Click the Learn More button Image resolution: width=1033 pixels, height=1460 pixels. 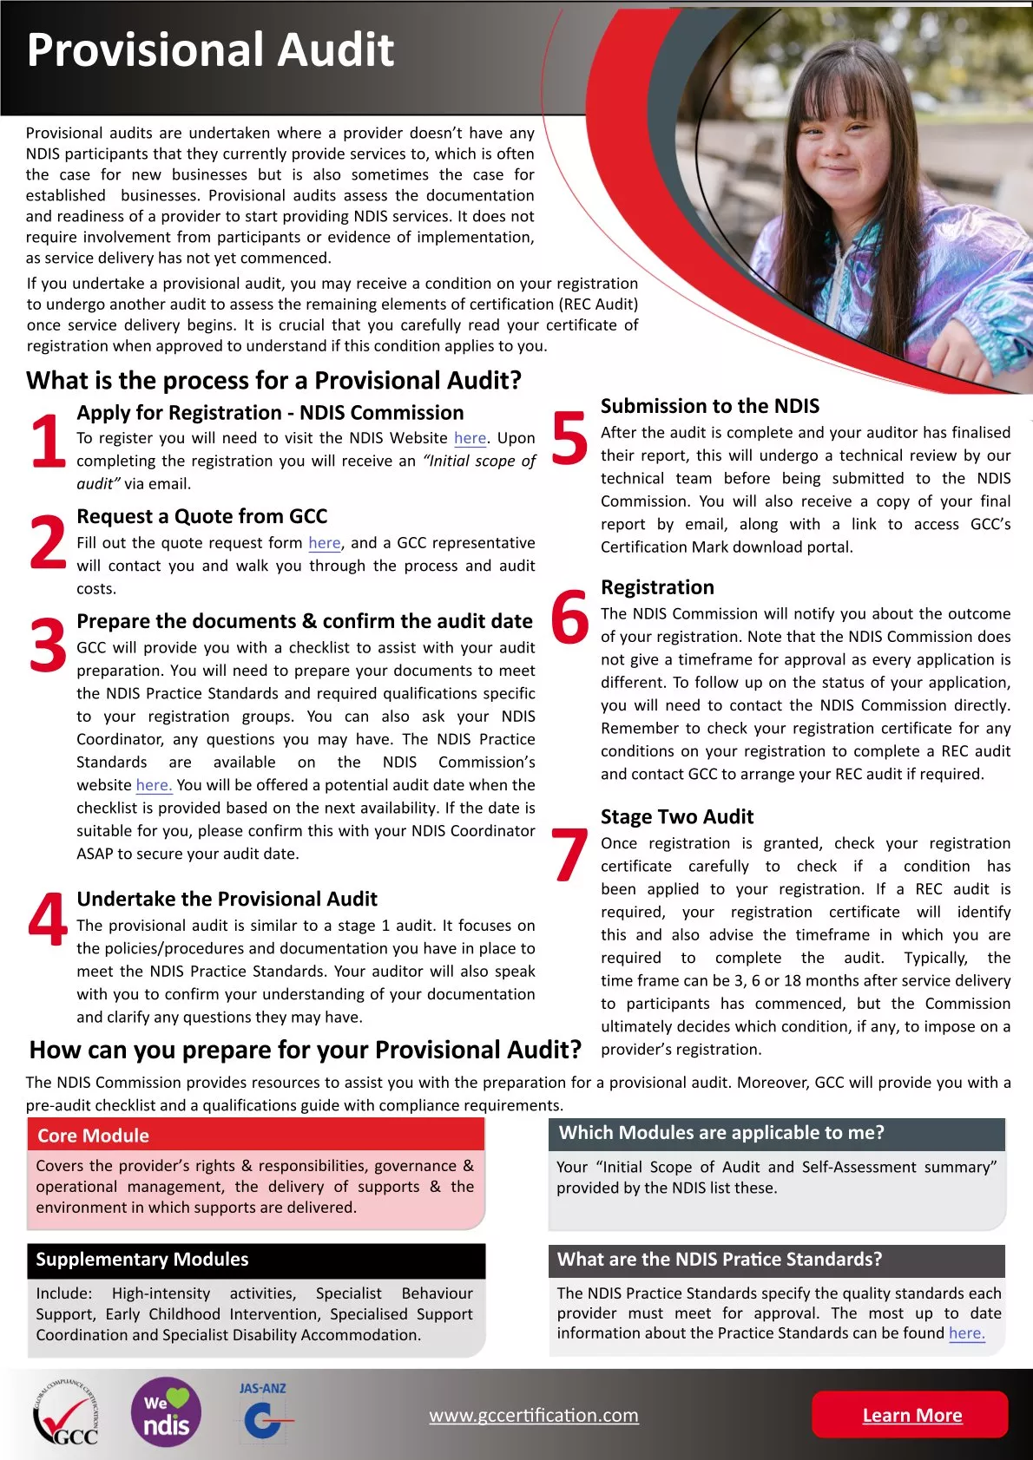pyautogui.click(x=911, y=1415)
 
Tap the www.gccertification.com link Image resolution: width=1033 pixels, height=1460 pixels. pyautogui.click(x=534, y=1415)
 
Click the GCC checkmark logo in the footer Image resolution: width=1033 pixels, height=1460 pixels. pyautogui.click(x=65, y=1414)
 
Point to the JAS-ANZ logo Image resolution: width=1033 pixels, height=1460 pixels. pyautogui.click(x=263, y=1412)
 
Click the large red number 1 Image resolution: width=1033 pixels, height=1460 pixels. pyautogui.click(x=48, y=440)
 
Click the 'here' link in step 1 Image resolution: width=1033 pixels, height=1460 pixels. pyautogui.click(x=470, y=439)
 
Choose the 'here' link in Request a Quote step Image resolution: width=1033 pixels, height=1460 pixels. pyautogui.click(x=325, y=543)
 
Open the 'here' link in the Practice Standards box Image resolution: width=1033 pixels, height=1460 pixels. pyautogui.click(x=966, y=1333)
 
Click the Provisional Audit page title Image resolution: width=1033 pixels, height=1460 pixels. pyautogui.click(x=211, y=49)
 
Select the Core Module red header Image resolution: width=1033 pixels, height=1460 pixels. pyautogui.click(x=256, y=1135)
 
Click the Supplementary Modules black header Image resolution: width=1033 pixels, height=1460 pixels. pyautogui.click(x=256, y=1260)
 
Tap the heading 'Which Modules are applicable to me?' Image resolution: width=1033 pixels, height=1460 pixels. pyautogui.click(x=721, y=1133)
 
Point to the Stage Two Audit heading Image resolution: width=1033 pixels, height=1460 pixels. pyautogui.click(x=677, y=816)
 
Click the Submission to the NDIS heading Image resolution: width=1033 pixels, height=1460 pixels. pyautogui.click(x=710, y=406)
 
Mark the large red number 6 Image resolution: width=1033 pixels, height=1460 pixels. pyautogui.click(x=569, y=618)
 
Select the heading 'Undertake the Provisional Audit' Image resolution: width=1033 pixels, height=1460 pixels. pyautogui.click(x=227, y=899)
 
